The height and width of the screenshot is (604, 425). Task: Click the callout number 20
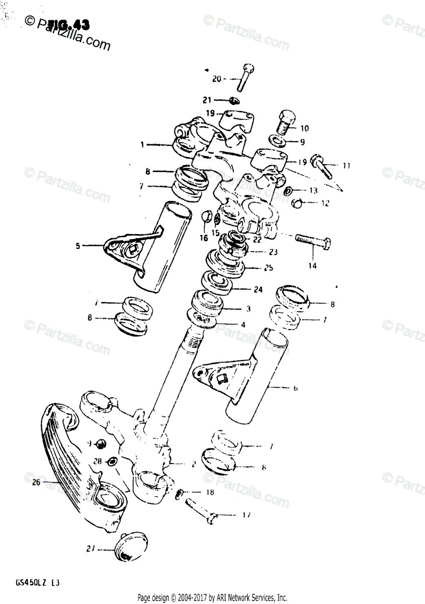point(216,79)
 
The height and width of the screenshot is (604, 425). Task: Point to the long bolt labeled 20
point(245,78)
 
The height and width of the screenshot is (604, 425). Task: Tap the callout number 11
point(347,165)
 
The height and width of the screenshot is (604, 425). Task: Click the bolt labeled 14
point(312,243)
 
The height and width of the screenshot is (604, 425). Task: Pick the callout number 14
point(312,266)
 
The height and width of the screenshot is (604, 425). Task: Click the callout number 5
point(78,246)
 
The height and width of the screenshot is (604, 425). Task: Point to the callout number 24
point(259,289)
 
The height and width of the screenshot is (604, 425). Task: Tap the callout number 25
point(268,268)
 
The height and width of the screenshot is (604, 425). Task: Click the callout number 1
point(142,145)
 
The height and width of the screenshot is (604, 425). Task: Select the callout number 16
point(204,238)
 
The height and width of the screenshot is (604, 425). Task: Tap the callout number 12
point(326,203)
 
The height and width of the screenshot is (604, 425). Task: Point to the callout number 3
point(248,309)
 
